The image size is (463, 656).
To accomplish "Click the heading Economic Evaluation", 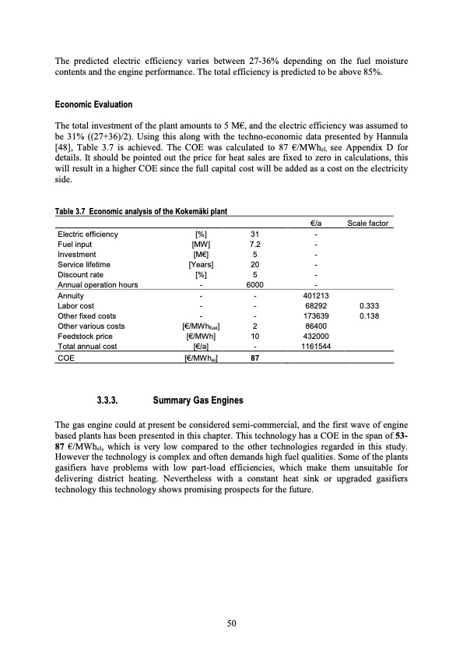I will pos(93,104).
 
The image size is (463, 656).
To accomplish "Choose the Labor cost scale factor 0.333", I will pos(370,306).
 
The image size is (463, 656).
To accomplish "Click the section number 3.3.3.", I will pos(107,400).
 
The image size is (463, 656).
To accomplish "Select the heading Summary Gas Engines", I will pos(198,400).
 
